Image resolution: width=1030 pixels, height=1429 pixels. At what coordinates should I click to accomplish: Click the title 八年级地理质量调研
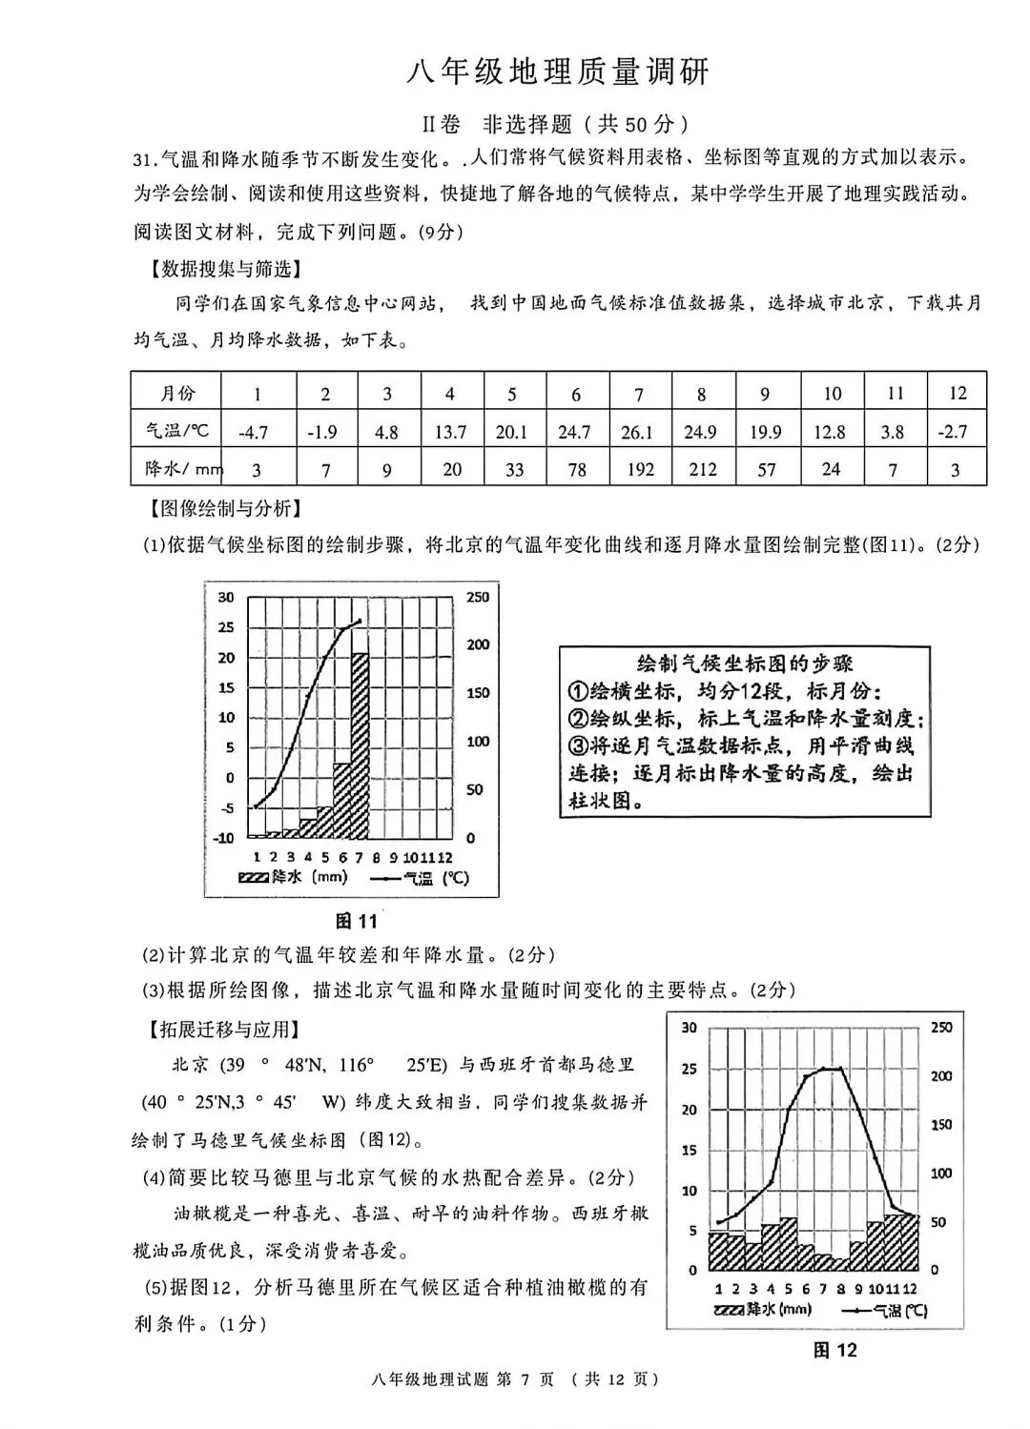(559, 72)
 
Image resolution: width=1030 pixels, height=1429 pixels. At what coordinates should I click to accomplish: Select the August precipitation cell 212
(701, 469)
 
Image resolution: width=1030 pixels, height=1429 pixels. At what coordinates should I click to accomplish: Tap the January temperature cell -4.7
(253, 432)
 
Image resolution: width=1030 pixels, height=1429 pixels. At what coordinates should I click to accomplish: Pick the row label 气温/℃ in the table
(176, 431)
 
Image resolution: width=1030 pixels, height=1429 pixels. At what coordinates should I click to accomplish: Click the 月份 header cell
(176, 393)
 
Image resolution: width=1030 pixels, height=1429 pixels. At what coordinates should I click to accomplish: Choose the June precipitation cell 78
(575, 469)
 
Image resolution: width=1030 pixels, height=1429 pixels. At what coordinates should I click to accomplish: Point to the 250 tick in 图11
(478, 597)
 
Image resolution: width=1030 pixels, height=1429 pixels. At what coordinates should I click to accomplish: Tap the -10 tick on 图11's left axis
(223, 838)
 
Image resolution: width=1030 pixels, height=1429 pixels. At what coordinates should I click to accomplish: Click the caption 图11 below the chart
(357, 921)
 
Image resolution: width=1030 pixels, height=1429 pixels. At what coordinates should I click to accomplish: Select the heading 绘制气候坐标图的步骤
(745, 663)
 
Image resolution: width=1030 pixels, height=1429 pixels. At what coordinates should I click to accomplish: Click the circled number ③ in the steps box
(579, 745)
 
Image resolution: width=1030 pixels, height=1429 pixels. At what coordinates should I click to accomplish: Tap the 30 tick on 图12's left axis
(689, 1028)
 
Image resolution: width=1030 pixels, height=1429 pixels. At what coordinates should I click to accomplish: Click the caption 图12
(834, 1350)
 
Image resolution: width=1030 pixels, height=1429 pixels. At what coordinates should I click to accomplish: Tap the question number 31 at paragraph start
(144, 158)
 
